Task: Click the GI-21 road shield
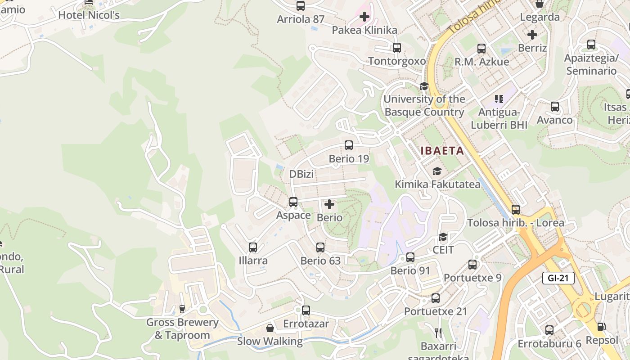point(558,278)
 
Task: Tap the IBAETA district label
point(442,151)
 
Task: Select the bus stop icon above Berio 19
point(349,145)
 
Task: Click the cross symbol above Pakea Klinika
point(364,17)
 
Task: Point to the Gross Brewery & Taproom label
point(182,329)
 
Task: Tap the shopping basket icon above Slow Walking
point(270,328)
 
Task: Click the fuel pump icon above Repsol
point(602,327)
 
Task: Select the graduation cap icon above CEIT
point(443,237)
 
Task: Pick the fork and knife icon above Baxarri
point(438,333)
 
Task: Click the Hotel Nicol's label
point(89,15)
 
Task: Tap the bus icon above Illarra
point(253,247)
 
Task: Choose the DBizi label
point(301,174)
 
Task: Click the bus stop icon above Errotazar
point(306,310)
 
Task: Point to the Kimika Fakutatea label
point(437,184)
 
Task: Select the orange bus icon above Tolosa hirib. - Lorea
point(516,210)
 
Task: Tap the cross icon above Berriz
point(532,35)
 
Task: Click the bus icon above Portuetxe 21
point(436,298)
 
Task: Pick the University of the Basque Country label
point(424,105)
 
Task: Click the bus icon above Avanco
point(555,107)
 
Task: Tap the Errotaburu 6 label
point(549,344)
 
